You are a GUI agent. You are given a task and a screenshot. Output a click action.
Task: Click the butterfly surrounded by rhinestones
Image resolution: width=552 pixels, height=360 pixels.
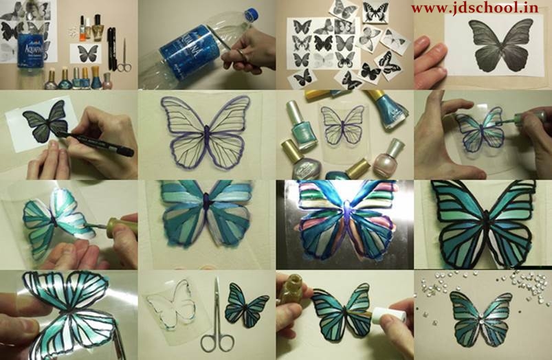(x=481, y=318)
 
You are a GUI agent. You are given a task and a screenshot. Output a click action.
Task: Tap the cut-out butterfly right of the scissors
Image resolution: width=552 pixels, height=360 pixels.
(x=246, y=304)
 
